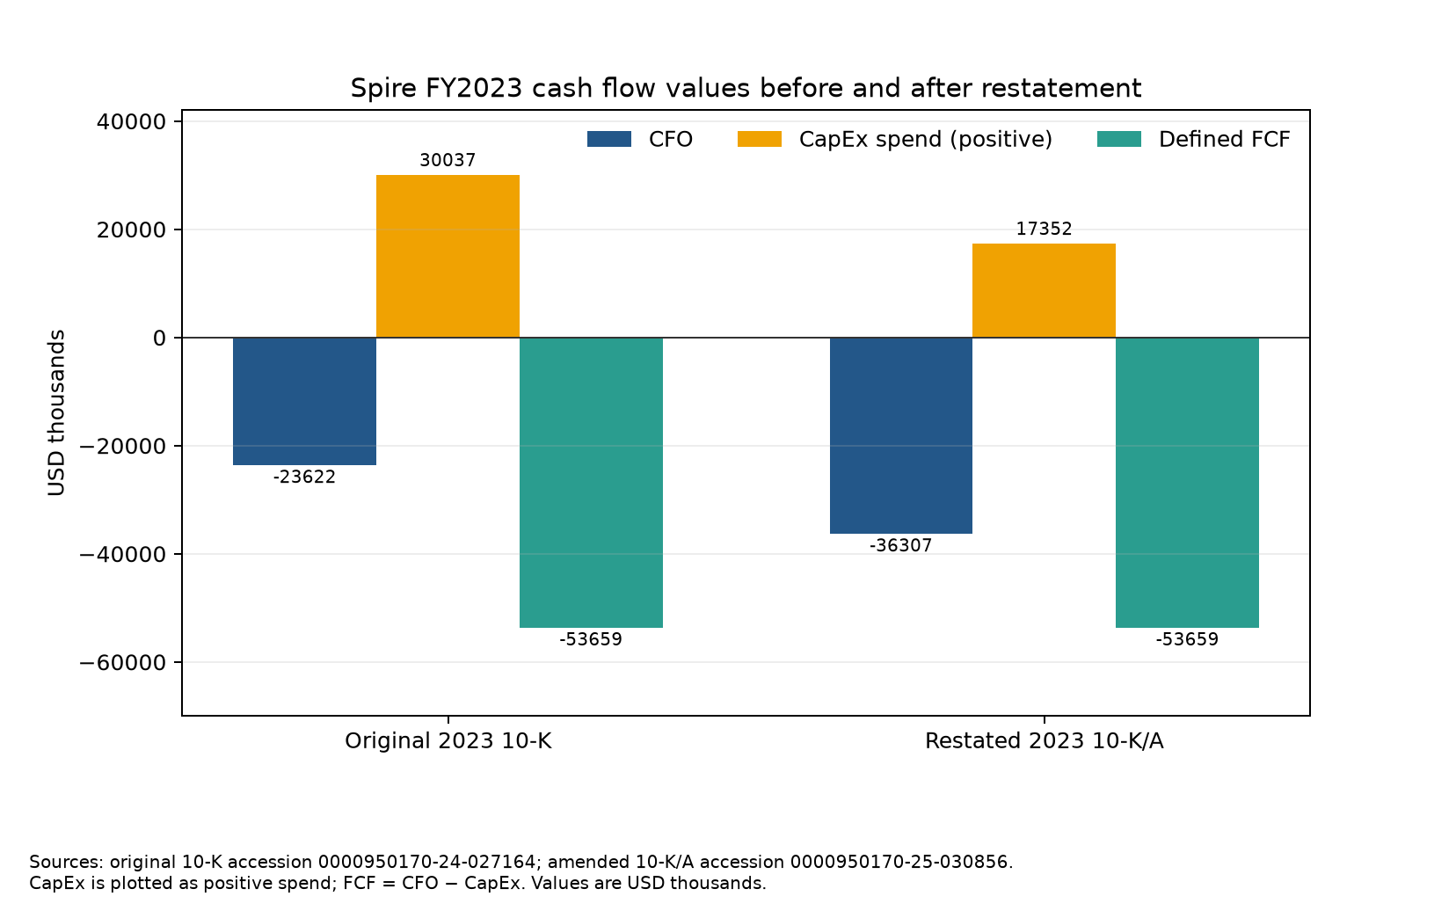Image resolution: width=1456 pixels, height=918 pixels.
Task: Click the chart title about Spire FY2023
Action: coord(746,89)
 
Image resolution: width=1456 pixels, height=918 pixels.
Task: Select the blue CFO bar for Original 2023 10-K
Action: coord(304,401)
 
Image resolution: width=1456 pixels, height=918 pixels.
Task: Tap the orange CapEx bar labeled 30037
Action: coord(448,256)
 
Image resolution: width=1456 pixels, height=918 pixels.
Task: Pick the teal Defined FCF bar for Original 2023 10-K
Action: coord(591,483)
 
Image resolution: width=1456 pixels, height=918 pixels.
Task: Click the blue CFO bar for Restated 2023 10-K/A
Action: coord(901,435)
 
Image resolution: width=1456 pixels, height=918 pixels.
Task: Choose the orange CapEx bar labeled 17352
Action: coord(1044,291)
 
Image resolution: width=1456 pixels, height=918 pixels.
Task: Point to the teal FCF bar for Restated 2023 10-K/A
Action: coord(1187,483)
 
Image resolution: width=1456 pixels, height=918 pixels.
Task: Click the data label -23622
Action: coord(304,477)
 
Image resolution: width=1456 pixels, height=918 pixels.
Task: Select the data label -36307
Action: coord(901,545)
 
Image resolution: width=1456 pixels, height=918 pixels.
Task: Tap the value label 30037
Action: coord(448,160)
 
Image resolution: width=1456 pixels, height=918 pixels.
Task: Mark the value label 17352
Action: coord(1044,229)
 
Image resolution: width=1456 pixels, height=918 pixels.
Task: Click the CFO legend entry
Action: coord(640,139)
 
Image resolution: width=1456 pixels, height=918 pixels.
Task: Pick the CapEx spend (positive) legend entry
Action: coord(895,139)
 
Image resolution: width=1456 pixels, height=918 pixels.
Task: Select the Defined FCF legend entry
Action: coord(1193,139)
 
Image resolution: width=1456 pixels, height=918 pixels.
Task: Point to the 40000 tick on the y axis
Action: coord(131,121)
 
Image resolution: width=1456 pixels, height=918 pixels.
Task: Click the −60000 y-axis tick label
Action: coord(122,662)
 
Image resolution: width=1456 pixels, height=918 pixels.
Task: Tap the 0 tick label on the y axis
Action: coord(159,338)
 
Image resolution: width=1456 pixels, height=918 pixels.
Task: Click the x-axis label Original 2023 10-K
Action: coord(448,741)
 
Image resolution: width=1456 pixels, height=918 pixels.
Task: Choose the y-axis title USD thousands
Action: coord(56,413)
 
